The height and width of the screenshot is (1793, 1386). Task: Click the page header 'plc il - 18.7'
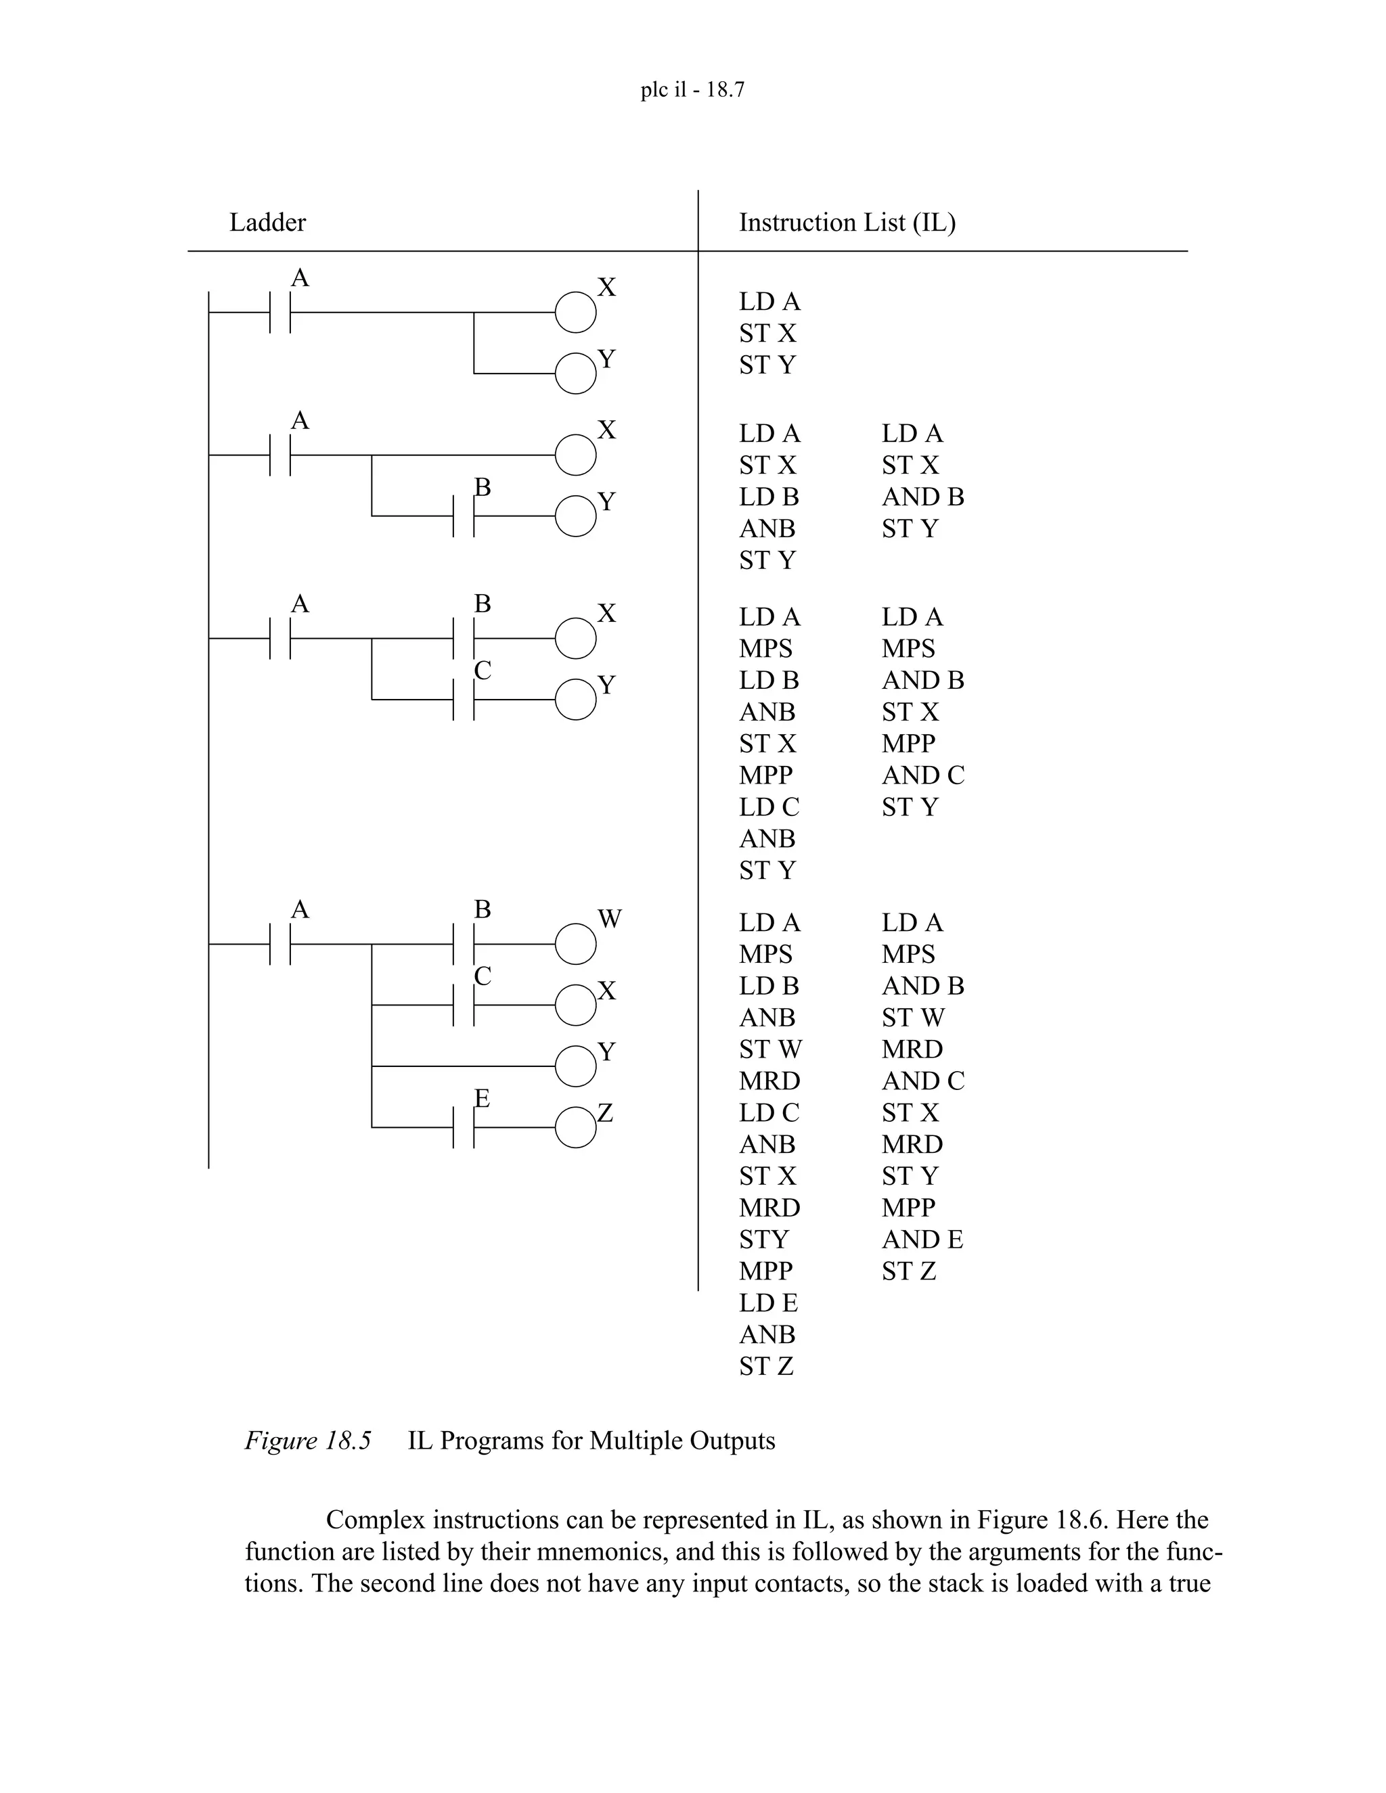[692, 89]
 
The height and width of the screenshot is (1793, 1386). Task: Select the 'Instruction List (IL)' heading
[847, 223]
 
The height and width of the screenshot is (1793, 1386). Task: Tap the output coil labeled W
[576, 944]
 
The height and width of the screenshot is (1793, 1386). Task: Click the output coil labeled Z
[576, 1127]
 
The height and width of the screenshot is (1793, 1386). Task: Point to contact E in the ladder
[464, 1127]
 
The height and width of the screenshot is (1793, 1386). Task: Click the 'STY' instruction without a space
[763, 1239]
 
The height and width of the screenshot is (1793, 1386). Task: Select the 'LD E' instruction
[767, 1303]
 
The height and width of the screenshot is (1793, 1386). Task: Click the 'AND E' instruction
[922, 1239]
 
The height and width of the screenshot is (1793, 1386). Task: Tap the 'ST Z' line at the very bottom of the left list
[765, 1366]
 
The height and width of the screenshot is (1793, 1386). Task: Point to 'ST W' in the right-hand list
[913, 1017]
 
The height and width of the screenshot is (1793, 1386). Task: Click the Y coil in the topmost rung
[576, 373]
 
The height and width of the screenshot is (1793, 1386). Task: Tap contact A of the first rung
[281, 312]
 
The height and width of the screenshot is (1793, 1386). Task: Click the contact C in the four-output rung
[464, 1005]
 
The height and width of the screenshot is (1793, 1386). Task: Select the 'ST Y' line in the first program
[767, 365]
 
